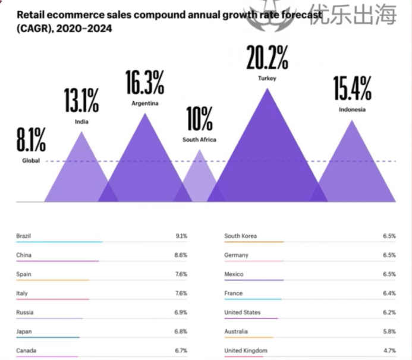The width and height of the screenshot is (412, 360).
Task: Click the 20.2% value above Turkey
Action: pos(268,59)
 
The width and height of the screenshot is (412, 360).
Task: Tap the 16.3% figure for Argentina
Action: pos(144,83)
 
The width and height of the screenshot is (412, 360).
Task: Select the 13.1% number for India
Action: pos(81,101)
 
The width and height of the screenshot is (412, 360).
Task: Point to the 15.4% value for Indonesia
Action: pos(352,89)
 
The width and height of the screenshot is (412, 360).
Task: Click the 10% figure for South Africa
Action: pos(199,119)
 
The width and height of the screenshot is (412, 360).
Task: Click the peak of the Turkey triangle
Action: pos(268,89)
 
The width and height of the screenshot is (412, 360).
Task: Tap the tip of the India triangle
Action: pos(81,132)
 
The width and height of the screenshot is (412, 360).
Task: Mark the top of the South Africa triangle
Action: pos(200,150)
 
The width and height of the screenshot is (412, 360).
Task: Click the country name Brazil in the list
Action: pos(23,236)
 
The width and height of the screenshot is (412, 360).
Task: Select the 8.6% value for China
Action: pos(181,255)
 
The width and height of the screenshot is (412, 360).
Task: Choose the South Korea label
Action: pos(241,236)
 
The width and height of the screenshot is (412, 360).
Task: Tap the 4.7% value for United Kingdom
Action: pos(389,350)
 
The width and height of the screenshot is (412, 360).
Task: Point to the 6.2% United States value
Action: pos(389,312)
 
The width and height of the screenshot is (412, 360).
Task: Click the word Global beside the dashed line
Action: pos(31,160)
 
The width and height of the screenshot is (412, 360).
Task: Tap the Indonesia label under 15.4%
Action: pos(352,109)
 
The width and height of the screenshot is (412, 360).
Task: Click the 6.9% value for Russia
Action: pos(181,312)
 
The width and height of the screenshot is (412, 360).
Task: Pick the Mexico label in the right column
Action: pos(234,274)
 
